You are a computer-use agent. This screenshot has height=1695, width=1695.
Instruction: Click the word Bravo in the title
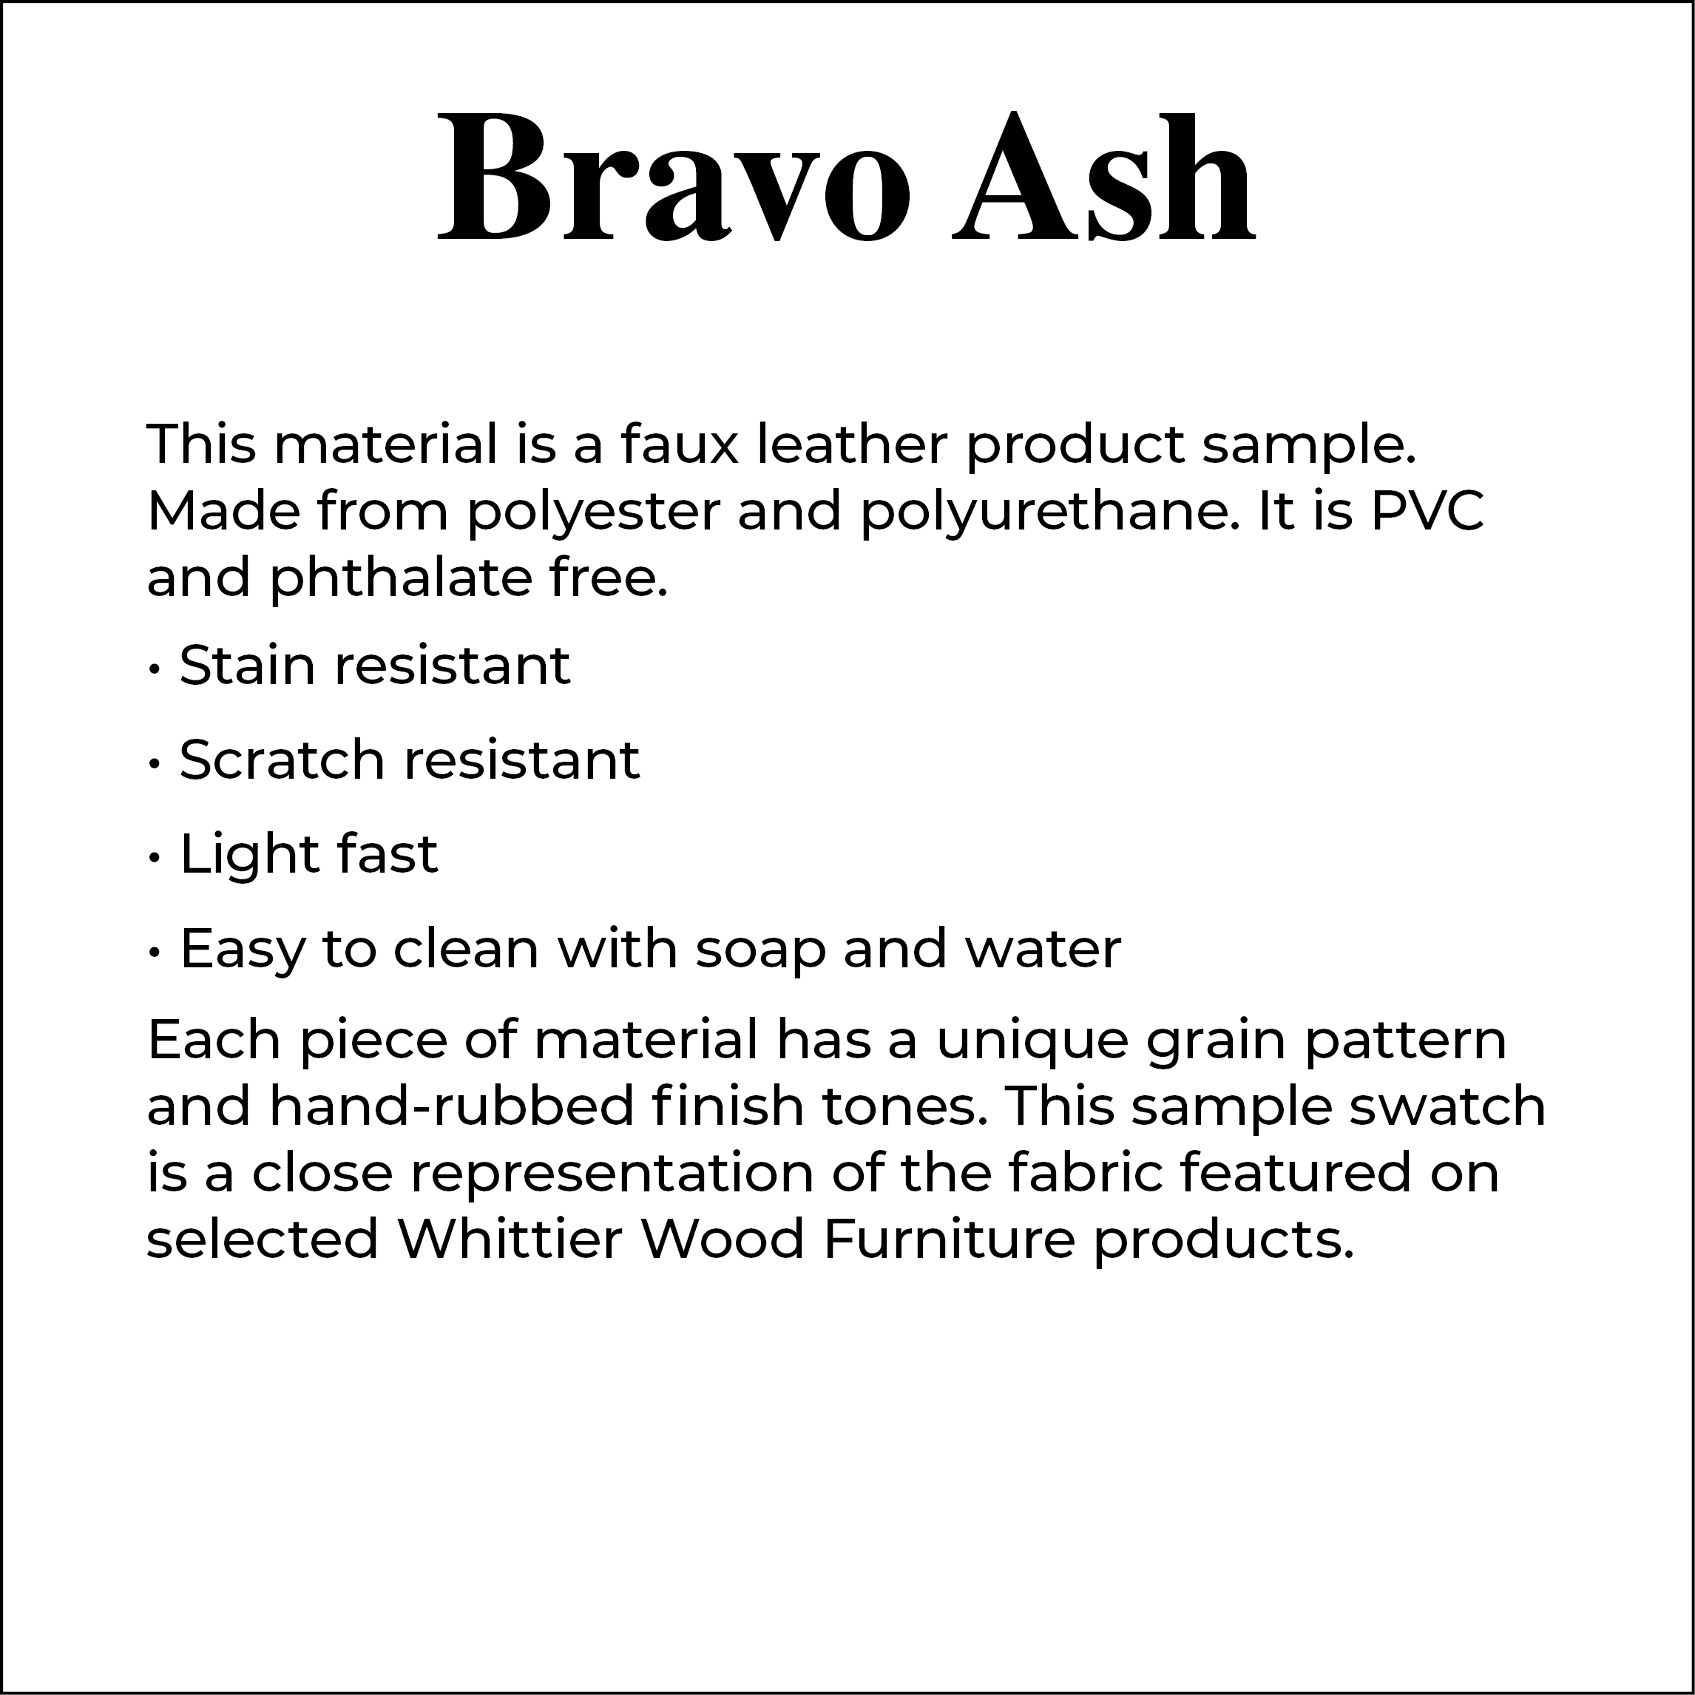pyautogui.click(x=674, y=176)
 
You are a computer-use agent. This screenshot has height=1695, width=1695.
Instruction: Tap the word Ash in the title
pyautogui.click(x=1106, y=176)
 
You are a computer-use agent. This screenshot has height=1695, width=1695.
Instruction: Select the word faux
pyautogui.click(x=680, y=444)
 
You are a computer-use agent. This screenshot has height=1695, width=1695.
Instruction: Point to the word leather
pyautogui.click(x=852, y=444)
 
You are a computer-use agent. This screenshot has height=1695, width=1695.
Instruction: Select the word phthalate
pyautogui.click(x=400, y=578)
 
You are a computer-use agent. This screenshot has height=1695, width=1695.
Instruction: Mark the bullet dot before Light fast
pyautogui.click(x=155, y=858)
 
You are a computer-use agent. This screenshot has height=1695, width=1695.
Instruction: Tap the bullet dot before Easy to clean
pyautogui.click(x=155, y=953)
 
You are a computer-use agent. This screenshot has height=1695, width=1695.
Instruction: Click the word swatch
pyautogui.click(x=1447, y=1106)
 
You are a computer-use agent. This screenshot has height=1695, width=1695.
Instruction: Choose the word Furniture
pyautogui.click(x=950, y=1239)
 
